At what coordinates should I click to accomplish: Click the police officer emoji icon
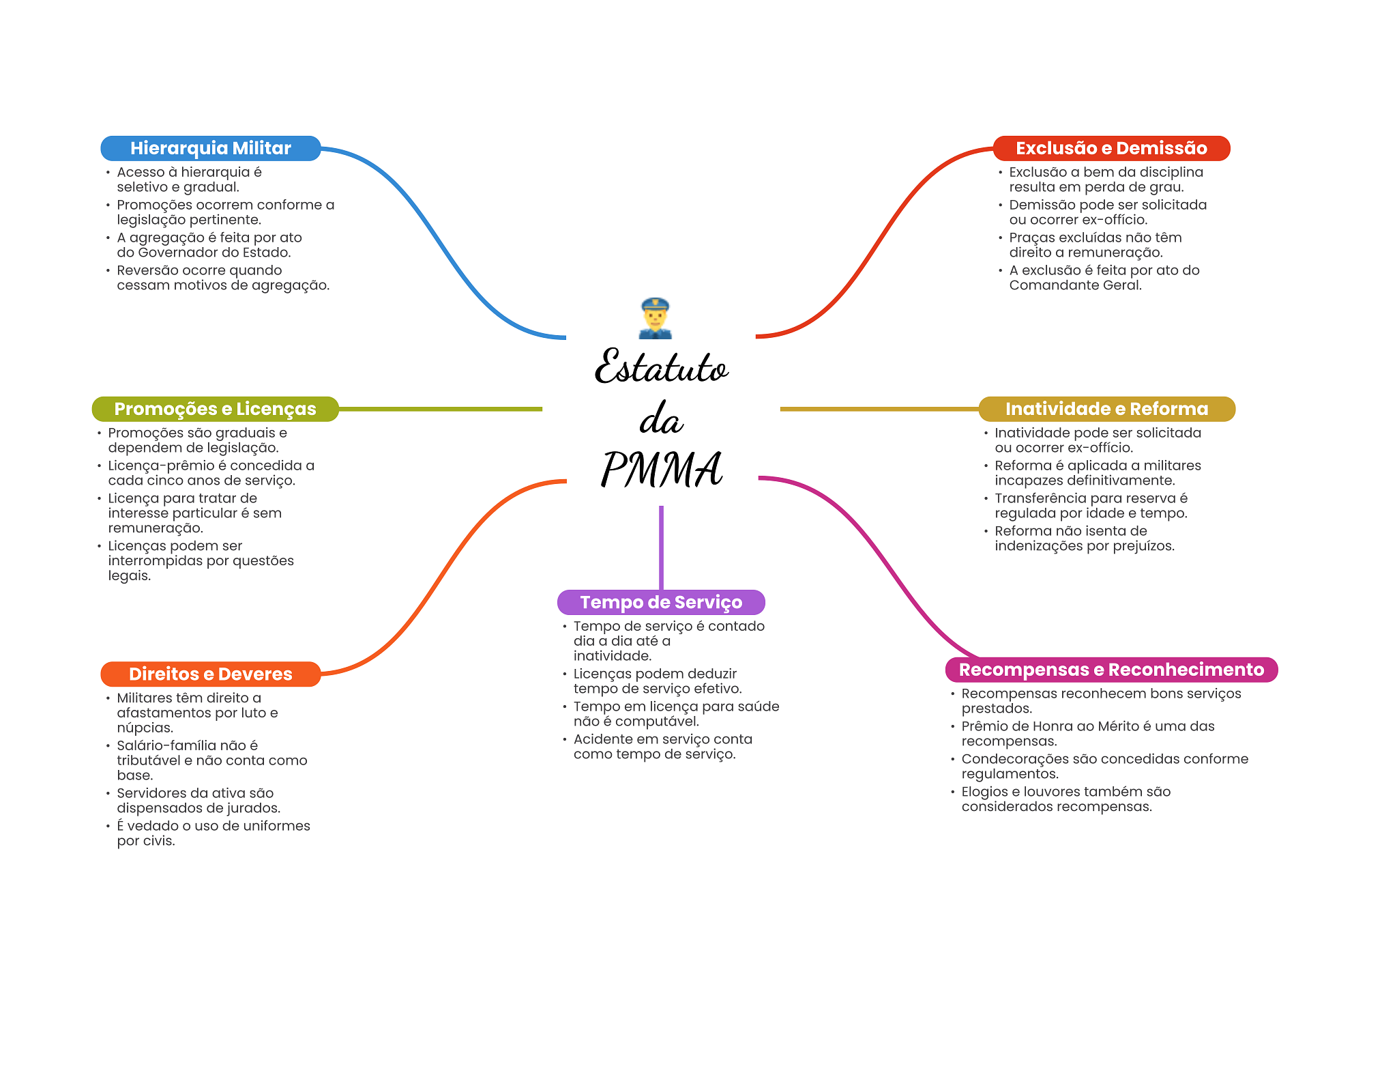pos(655,318)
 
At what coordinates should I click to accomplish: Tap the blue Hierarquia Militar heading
pos(210,148)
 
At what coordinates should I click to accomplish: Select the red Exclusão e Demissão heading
pos(1111,148)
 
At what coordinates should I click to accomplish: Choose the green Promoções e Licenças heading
pos(215,409)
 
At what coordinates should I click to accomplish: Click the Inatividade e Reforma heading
pos(1106,409)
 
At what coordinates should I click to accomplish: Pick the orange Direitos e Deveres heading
pos(210,674)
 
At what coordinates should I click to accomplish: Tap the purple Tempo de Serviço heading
pos(661,602)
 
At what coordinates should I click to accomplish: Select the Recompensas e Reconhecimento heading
pos(1111,670)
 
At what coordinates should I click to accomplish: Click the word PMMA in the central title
pos(661,470)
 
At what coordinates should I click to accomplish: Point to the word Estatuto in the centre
pos(661,367)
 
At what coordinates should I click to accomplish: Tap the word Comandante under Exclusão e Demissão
pos(1053,285)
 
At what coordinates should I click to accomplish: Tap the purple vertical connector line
pos(661,546)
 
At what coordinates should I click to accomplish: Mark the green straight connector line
pos(440,409)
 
